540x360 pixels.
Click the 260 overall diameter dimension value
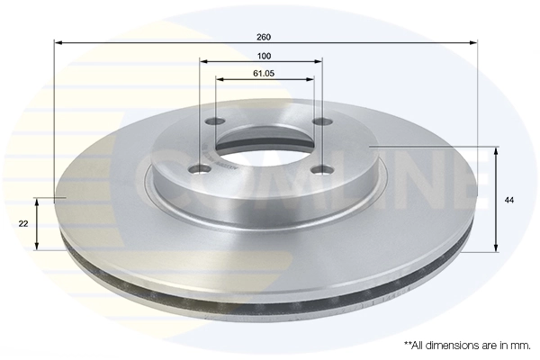(x=264, y=37)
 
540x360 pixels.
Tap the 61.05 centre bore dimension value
(x=264, y=73)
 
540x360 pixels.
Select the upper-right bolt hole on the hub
(x=319, y=122)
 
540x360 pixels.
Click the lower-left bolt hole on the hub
(x=201, y=166)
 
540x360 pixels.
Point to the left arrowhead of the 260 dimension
(x=58, y=42)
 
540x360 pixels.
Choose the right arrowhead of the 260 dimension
(x=473, y=42)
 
